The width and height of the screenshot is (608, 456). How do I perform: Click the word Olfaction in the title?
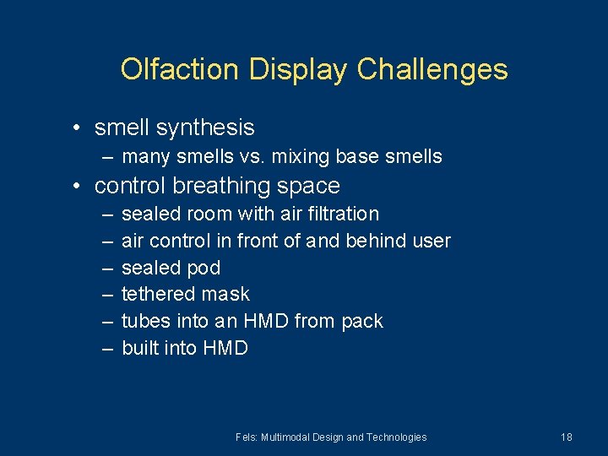[181, 69]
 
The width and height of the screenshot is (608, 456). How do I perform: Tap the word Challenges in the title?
[432, 69]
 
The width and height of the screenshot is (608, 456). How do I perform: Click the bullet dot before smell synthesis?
[76, 128]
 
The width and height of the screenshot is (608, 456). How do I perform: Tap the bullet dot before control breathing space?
[76, 186]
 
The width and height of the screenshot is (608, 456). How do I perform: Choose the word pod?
[204, 268]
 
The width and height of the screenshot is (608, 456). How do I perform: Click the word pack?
[362, 322]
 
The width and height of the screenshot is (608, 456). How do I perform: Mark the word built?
[139, 348]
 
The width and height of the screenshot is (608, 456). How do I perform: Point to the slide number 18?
[566, 437]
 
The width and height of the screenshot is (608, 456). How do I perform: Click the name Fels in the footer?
[247, 437]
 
